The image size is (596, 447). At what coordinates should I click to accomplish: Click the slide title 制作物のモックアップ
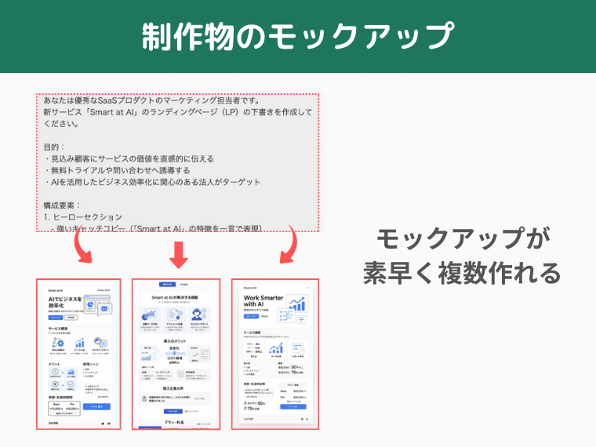pos(298,37)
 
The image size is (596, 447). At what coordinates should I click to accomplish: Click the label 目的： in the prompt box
pos(55,147)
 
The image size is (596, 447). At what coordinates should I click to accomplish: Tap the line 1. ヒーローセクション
pos(83,217)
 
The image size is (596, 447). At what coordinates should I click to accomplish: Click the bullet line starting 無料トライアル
pos(117,170)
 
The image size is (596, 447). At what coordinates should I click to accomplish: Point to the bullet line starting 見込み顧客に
pos(129,158)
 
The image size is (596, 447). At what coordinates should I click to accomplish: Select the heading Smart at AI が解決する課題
pos(180,298)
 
